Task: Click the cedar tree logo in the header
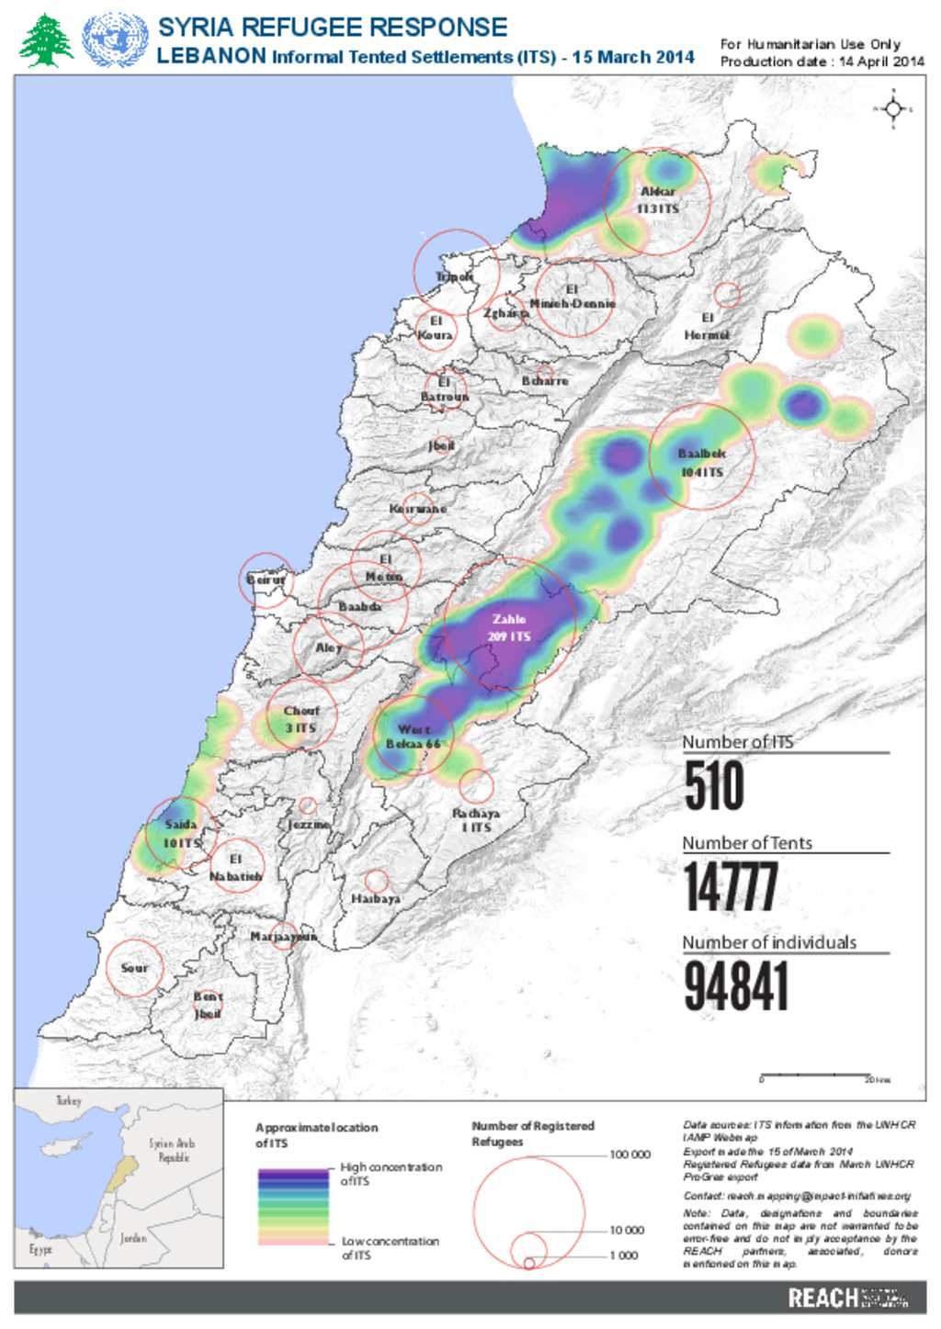pyautogui.click(x=46, y=40)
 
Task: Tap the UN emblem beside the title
pyautogui.click(x=115, y=40)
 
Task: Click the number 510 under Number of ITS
pyautogui.click(x=714, y=787)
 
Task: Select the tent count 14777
pyautogui.click(x=731, y=886)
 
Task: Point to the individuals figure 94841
pyautogui.click(x=736, y=986)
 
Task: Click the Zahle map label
pyautogui.click(x=508, y=620)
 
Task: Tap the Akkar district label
pyautogui.click(x=658, y=192)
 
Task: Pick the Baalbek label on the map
pyautogui.click(x=701, y=454)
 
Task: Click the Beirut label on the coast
pyautogui.click(x=266, y=580)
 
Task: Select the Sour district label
pyautogui.click(x=134, y=968)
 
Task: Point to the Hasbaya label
pyautogui.click(x=376, y=898)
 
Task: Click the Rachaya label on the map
pyautogui.click(x=476, y=814)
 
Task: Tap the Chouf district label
pyautogui.click(x=301, y=711)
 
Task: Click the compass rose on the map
pyautogui.click(x=892, y=109)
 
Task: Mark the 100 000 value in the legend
pyautogui.click(x=629, y=1154)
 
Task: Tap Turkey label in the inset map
pyautogui.click(x=68, y=1100)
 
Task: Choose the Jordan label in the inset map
pyautogui.click(x=133, y=1238)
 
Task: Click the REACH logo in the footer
pyautogui.click(x=822, y=1298)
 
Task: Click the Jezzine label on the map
pyautogui.click(x=309, y=825)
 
